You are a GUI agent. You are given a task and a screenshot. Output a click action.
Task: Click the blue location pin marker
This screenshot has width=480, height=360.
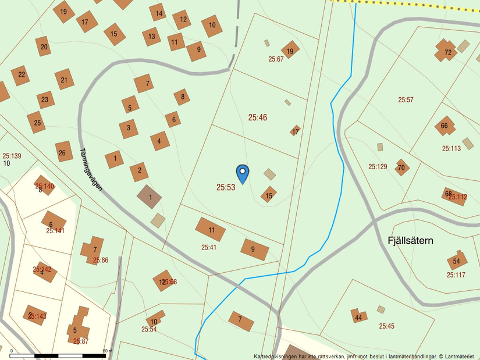(x=243, y=173)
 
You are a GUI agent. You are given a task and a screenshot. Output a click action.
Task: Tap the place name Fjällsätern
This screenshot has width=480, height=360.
(x=410, y=240)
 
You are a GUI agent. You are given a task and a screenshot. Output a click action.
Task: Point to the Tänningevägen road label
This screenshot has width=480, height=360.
(x=91, y=169)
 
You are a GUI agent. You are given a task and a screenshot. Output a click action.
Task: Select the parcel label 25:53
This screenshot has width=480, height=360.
(x=226, y=187)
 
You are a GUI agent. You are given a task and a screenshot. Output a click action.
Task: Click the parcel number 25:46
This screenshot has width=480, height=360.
(x=258, y=117)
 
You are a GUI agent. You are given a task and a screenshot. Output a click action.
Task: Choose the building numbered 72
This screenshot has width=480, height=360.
(x=447, y=51)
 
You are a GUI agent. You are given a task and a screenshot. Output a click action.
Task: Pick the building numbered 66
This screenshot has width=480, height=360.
(x=445, y=126)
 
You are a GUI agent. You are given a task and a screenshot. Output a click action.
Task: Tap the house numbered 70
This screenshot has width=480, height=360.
(x=401, y=168)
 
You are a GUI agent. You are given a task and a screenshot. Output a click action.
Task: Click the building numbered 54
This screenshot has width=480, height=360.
(x=457, y=261)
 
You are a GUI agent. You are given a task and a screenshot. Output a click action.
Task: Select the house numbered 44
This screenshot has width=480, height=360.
(x=358, y=317)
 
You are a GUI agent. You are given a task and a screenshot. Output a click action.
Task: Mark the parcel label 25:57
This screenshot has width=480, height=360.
(x=406, y=100)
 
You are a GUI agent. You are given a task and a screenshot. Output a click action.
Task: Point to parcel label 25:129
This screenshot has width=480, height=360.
(x=378, y=167)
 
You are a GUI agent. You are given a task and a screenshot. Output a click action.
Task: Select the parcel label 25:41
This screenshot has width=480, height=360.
(x=209, y=247)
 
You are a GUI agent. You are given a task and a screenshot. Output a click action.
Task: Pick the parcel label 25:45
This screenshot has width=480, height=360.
(x=386, y=326)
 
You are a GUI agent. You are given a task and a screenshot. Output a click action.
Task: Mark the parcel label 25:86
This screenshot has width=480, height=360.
(x=101, y=260)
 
